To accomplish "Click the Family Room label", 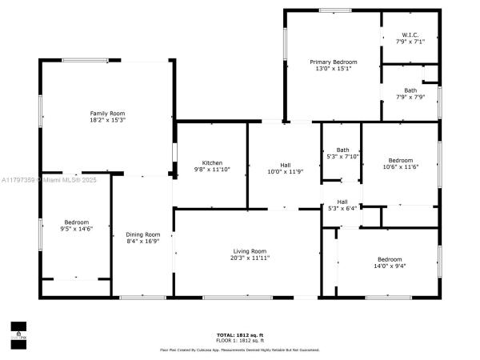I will [107, 113].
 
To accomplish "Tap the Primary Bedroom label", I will [334, 62].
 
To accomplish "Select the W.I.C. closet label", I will [410, 34].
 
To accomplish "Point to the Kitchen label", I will [212, 162].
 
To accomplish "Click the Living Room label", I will [250, 251].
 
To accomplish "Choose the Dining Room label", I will [143, 234].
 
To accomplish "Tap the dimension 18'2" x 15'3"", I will [107, 120].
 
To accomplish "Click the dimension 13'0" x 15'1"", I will [334, 69].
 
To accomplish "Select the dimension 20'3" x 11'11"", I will [250, 258].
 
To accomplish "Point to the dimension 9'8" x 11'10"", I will [212, 170].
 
